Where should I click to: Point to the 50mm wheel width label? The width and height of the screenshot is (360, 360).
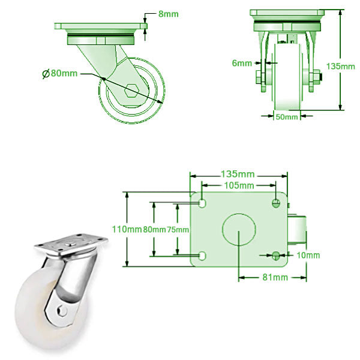pyautogui.click(x=286, y=117)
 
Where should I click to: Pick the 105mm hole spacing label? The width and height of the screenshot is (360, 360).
pyautogui.click(x=238, y=185)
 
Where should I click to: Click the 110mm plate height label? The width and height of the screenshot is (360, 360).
pyautogui.click(x=128, y=229)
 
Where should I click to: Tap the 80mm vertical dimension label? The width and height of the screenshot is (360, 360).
pyautogui.click(x=154, y=229)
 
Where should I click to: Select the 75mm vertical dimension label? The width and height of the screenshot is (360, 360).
pyautogui.click(x=178, y=229)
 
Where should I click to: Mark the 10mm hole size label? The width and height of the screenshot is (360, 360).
pyautogui.click(x=308, y=256)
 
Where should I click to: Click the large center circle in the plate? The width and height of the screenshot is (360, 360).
pyautogui.click(x=238, y=229)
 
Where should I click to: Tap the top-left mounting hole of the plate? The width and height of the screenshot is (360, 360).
pyautogui.click(x=202, y=203)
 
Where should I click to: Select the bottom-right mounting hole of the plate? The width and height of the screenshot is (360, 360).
pyautogui.click(x=276, y=256)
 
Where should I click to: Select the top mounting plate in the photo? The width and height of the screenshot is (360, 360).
pyautogui.click(x=70, y=244)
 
